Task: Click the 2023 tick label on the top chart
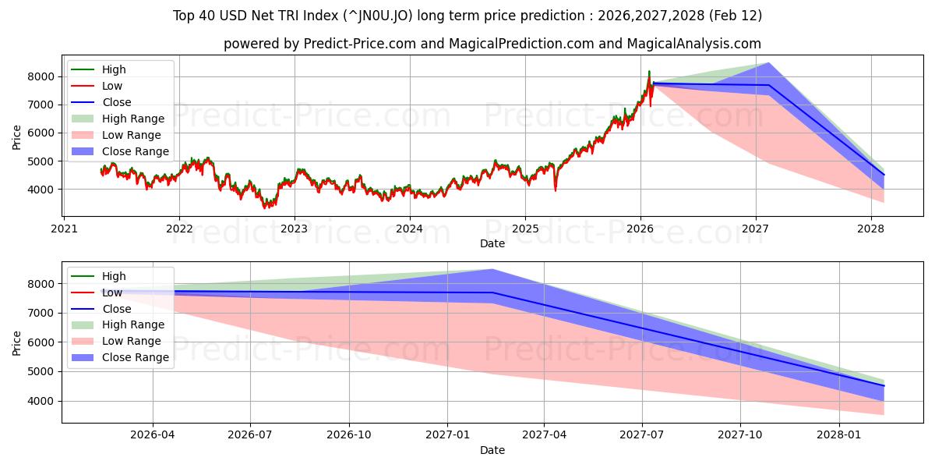(294, 229)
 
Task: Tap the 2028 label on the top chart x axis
(870, 229)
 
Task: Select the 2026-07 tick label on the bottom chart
(250, 434)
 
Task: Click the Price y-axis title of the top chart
(17, 137)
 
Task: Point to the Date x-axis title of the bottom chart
(492, 450)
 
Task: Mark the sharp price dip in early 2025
(556, 190)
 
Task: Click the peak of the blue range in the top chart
(768, 63)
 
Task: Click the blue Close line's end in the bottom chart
(884, 386)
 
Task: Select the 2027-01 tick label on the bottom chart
(447, 434)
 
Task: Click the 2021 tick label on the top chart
(64, 229)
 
